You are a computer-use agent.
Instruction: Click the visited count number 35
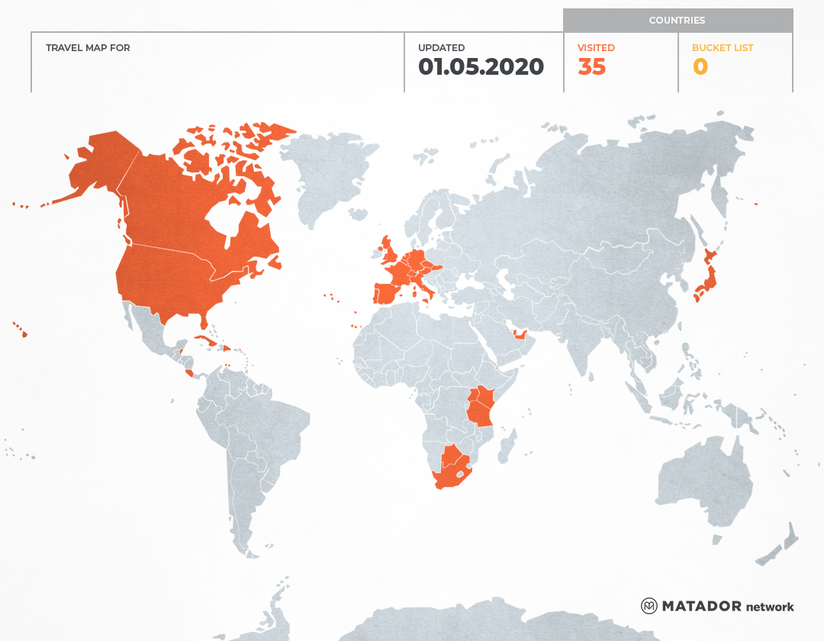click(592, 67)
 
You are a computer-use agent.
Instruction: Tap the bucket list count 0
click(700, 67)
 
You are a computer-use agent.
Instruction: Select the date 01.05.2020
click(481, 67)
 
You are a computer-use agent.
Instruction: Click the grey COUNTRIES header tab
click(678, 21)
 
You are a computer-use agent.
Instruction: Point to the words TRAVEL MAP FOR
click(88, 48)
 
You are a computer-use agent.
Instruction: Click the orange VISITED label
click(596, 48)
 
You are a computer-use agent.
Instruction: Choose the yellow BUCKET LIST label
click(723, 48)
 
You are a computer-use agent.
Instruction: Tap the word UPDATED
click(441, 48)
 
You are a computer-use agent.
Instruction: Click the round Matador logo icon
click(649, 606)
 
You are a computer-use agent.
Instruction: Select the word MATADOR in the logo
click(701, 607)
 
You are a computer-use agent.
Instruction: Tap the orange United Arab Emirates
click(522, 334)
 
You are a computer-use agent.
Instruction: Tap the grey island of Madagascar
click(506, 446)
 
